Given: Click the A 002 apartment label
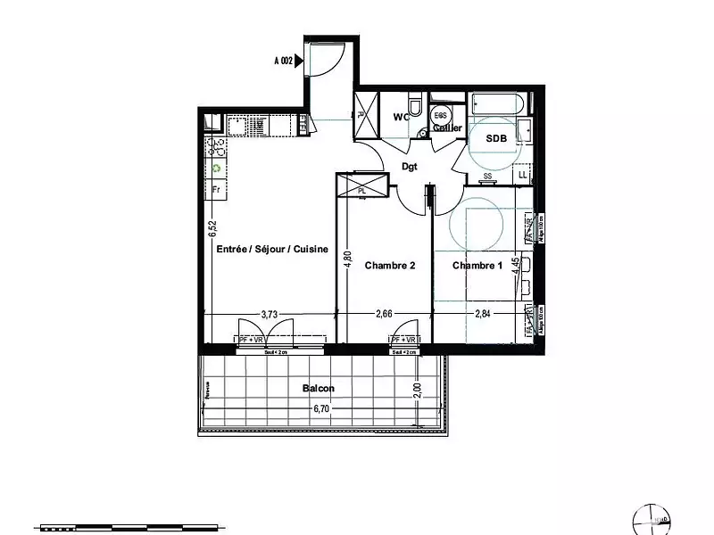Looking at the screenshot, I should coord(283,62).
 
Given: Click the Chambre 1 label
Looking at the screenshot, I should coord(477,266).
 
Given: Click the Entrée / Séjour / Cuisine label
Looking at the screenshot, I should coord(273,251).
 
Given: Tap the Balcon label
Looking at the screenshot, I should coord(319,388).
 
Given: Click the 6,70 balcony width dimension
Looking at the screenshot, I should coord(321,409).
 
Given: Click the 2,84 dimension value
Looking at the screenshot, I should coord(484,314).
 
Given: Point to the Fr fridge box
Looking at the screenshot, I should coord(216,189).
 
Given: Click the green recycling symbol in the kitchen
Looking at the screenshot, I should coord(216,168).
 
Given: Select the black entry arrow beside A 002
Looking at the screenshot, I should coord(300,62).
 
